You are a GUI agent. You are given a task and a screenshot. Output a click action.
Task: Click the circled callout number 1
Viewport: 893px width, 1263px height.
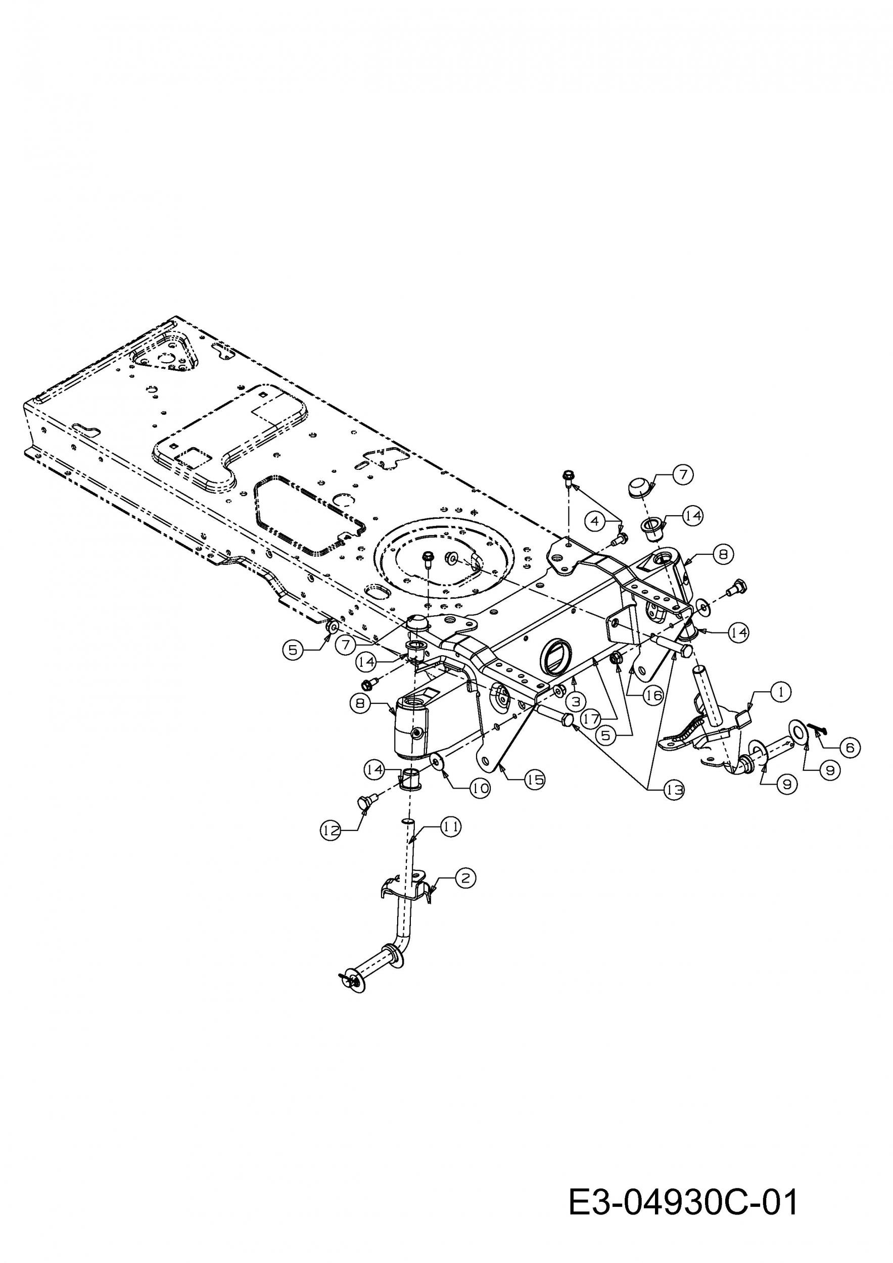pos(780,693)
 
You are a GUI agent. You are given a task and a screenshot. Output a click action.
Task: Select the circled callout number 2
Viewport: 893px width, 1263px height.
pos(465,878)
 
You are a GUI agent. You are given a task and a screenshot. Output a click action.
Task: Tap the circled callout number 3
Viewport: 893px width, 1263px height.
pos(576,701)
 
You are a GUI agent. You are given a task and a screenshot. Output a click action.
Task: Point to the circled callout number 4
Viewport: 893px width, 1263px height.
pos(595,521)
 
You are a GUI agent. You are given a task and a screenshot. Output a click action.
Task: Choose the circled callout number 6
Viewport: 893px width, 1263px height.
pos(850,747)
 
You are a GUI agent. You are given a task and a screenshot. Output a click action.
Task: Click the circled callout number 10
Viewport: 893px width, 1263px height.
pos(480,788)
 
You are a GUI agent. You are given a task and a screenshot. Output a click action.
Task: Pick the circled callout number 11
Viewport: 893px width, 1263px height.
pos(451,826)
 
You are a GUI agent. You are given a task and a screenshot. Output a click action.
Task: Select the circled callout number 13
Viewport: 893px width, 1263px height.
pos(674,791)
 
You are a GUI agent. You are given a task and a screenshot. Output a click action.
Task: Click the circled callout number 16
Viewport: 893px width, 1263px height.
pos(653,696)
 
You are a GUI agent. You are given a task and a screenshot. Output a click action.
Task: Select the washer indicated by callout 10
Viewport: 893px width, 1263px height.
pos(438,761)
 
